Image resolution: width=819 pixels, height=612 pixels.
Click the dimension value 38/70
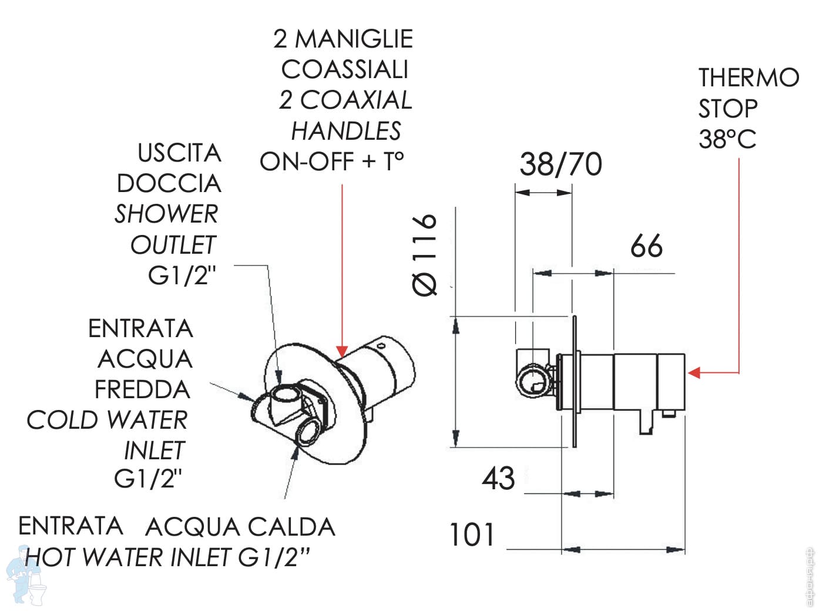coord(560,164)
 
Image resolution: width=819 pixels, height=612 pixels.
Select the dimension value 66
coord(646,246)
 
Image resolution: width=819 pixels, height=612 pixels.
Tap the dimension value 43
coord(498,478)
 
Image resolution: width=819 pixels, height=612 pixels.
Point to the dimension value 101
coord(472,535)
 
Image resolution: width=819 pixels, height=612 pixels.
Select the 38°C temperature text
coord(727,140)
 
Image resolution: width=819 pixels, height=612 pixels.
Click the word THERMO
coord(748,78)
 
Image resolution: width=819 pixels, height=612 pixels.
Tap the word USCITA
coord(179,153)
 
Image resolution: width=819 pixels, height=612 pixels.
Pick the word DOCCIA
coord(169,184)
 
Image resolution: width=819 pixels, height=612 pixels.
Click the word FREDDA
coord(142,389)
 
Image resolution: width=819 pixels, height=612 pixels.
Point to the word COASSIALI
coord(344,69)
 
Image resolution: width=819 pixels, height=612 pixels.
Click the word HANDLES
coord(346,131)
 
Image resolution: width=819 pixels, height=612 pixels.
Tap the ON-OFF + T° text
coord(332,162)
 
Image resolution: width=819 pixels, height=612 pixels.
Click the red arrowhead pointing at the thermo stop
coord(694,372)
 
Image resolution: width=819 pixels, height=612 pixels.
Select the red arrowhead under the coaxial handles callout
coord(341,351)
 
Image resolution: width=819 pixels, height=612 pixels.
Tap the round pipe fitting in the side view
coord(532,381)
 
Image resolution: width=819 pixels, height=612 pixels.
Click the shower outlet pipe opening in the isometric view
coord(286,395)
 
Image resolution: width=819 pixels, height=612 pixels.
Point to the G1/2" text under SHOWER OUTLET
coord(182,275)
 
